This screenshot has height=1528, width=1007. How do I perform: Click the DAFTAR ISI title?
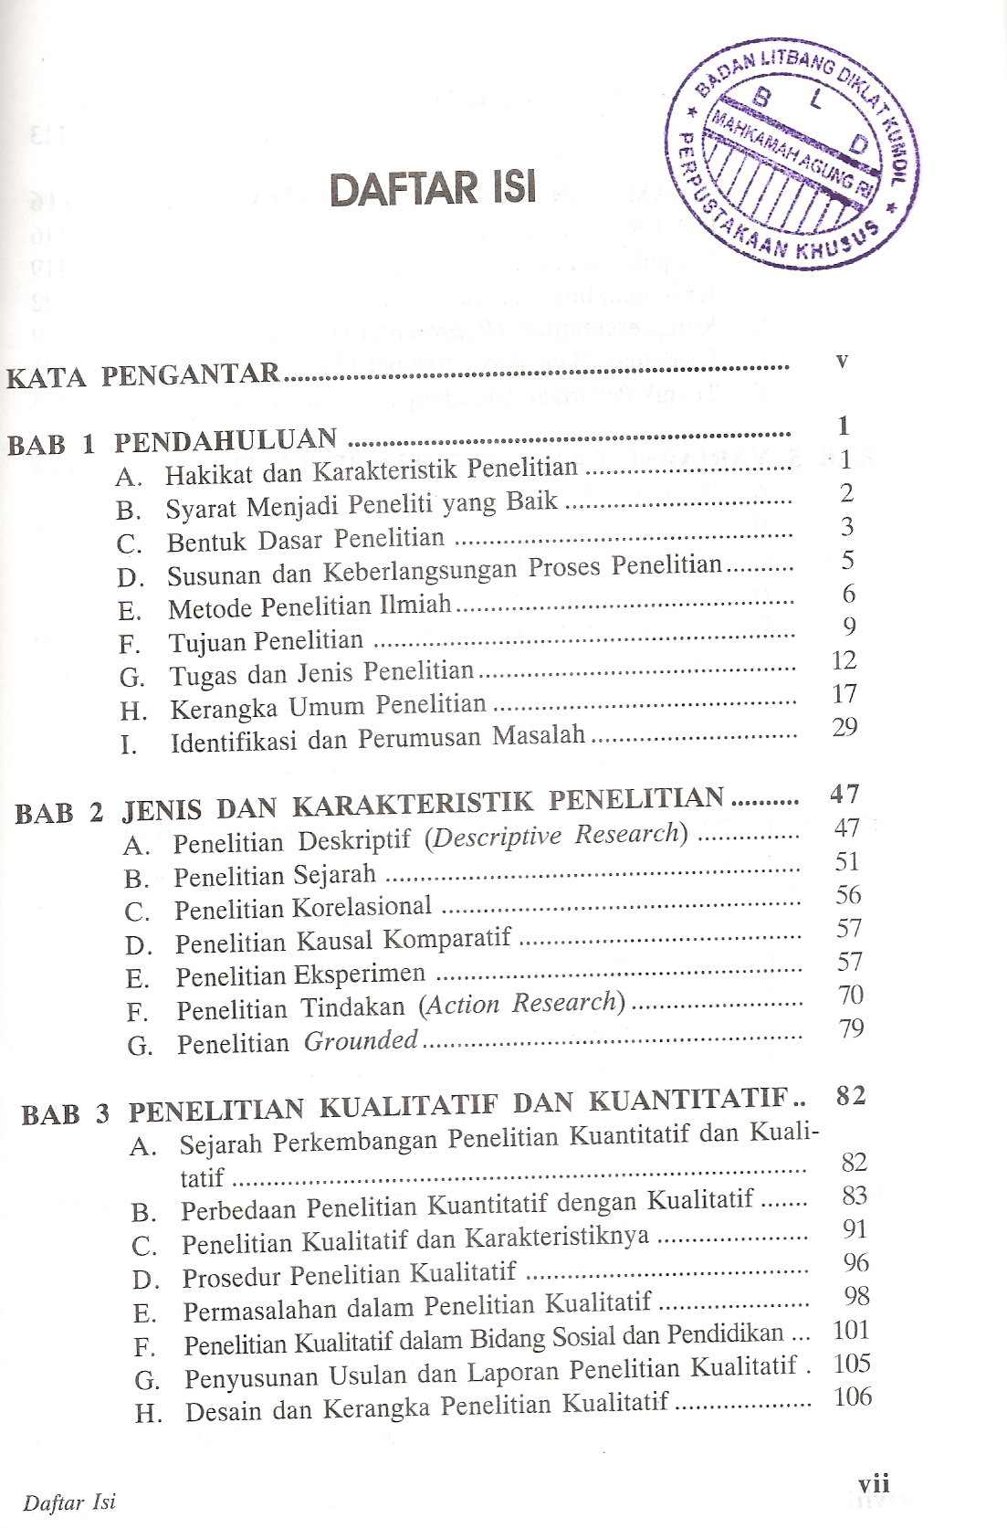pyautogui.click(x=432, y=188)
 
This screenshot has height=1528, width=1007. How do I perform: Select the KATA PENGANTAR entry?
pyautogui.click(x=143, y=375)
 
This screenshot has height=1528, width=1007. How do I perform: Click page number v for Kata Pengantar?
pyautogui.click(x=842, y=360)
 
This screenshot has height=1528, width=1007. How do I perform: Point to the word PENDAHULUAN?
pyautogui.click(x=226, y=440)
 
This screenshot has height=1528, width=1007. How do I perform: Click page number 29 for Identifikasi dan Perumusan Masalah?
pyautogui.click(x=844, y=727)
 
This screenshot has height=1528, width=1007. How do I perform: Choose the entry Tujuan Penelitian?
pyautogui.click(x=266, y=641)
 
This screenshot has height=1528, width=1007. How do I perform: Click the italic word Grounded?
pyautogui.click(x=361, y=1040)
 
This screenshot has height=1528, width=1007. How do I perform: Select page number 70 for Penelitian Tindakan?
pyautogui.click(x=851, y=995)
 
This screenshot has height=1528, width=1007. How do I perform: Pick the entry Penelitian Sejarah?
pyautogui.click(x=275, y=875)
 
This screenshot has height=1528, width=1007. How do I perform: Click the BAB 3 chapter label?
pyautogui.click(x=66, y=1114)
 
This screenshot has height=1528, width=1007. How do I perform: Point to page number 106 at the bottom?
pyautogui.click(x=853, y=1396)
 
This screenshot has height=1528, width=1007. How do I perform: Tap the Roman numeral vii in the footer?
pyautogui.click(x=874, y=1483)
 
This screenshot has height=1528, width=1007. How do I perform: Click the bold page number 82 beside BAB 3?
pyautogui.click(x=851, y=1096)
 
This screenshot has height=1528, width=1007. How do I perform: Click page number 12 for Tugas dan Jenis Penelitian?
pyautogui.click(x=844, y=660)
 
